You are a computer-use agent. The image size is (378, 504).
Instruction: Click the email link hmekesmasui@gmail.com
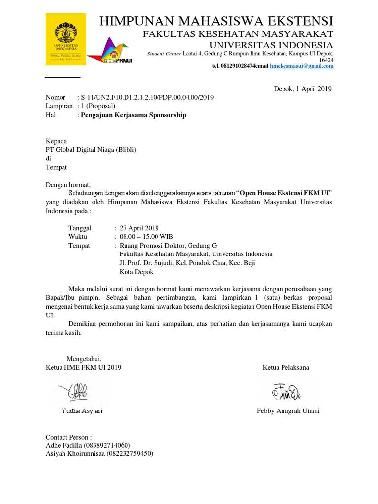point(302,66)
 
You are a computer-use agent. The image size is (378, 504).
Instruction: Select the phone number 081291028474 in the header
point(232,66)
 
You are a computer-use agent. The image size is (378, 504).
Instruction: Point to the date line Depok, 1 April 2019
point(303,89)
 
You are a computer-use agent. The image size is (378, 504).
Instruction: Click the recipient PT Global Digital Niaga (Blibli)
point(91,150)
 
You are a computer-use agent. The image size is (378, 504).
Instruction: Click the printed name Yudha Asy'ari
point(82,411)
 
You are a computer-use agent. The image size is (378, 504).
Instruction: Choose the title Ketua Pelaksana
point(286,368)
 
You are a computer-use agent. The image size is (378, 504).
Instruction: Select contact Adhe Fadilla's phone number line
point(88,445)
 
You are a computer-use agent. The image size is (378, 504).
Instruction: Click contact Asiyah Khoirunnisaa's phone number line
point(99,454)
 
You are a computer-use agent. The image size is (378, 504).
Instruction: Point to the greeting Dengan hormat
point(68,185)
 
